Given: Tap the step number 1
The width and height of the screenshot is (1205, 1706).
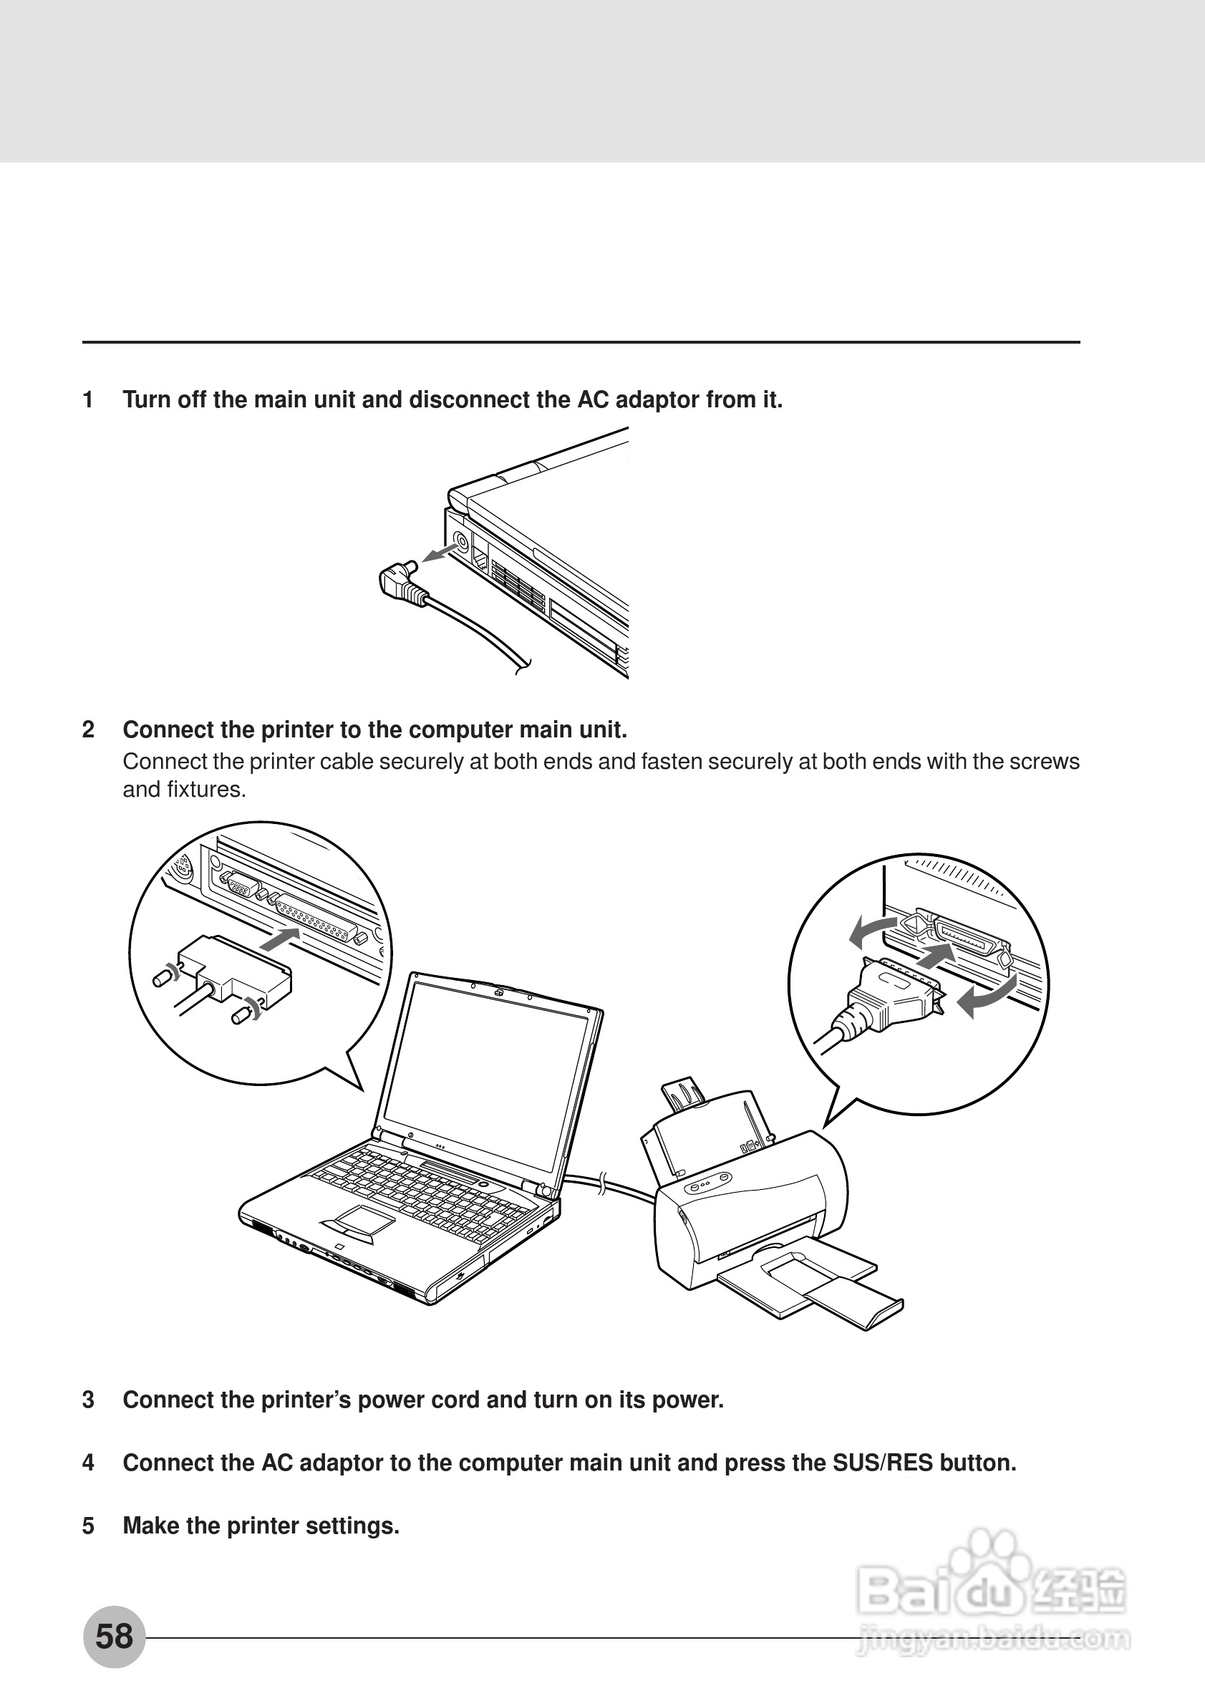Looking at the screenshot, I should coord(88,399).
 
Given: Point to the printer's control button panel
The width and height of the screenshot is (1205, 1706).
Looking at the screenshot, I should coord(707,1182).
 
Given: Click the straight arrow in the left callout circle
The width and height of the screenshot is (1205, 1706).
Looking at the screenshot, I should coord(282,939).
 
